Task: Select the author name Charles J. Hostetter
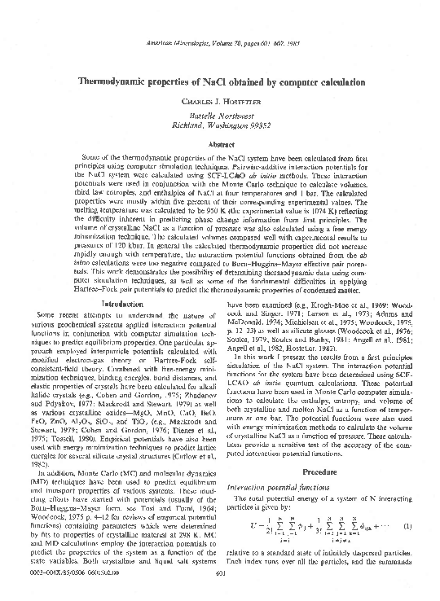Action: point(220,104)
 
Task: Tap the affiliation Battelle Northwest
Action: point(219,118)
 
